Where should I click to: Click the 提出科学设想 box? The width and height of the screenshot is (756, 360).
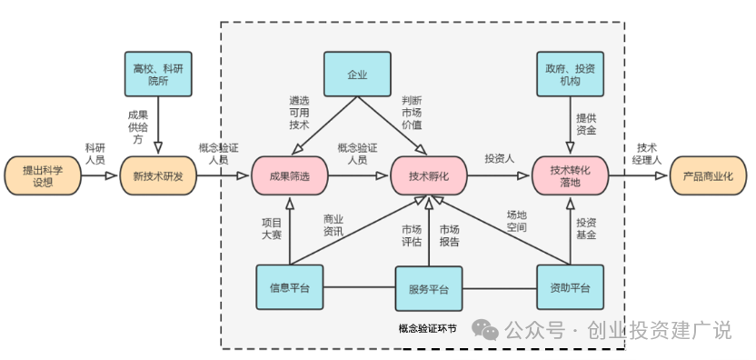click(x=42, y=175)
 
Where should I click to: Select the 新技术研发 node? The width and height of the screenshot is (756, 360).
click(x=158, y=175)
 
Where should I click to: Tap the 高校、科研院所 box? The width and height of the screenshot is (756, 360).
click(x=158, y=74)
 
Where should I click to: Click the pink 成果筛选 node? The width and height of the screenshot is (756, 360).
click(x=290, y=175)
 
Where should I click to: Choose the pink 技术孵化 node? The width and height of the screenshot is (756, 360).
click(x=430, y=175)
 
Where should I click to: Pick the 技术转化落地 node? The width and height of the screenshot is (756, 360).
click(x=572, y=175)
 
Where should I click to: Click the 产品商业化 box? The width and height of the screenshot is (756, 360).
click(x=707, y=175)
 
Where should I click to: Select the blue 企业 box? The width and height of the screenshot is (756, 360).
click(x=358, y=74)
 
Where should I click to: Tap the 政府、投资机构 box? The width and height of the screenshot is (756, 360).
click(x=572, y=74)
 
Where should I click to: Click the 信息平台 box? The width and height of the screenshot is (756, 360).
click(x=290, y=288)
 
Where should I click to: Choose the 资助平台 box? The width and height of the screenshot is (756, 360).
click(x=572, y=288)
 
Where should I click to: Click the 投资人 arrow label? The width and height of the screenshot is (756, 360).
click(x=500, y=157)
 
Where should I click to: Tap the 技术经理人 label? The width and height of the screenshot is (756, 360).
click(x=647, y=155)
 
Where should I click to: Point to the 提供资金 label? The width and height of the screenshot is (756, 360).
click(x=586, y=124)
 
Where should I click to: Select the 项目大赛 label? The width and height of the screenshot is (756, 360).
click(x=272, y=228)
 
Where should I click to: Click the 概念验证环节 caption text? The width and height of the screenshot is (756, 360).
click(x=427, y=329)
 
